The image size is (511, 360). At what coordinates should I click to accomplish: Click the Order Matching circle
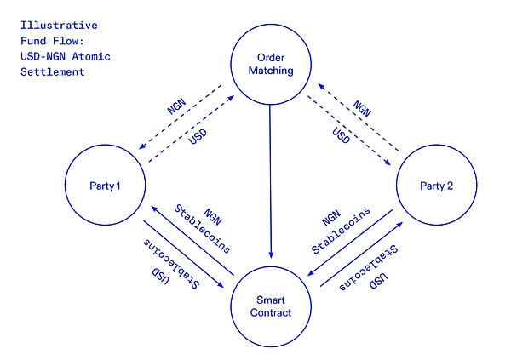(x=271, y=64)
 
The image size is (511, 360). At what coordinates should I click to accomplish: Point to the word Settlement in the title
(x=53, y=72)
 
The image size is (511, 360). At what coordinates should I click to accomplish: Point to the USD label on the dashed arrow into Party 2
(x=341, y=135)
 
